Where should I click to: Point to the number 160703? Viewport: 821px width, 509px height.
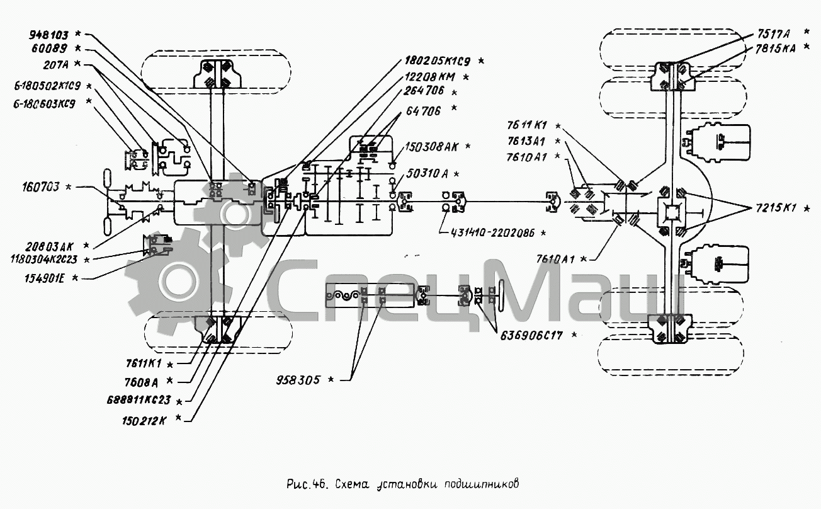42,186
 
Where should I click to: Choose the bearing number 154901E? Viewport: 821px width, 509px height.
47,277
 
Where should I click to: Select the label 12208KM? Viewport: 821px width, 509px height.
431,76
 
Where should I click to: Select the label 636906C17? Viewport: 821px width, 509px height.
531,335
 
